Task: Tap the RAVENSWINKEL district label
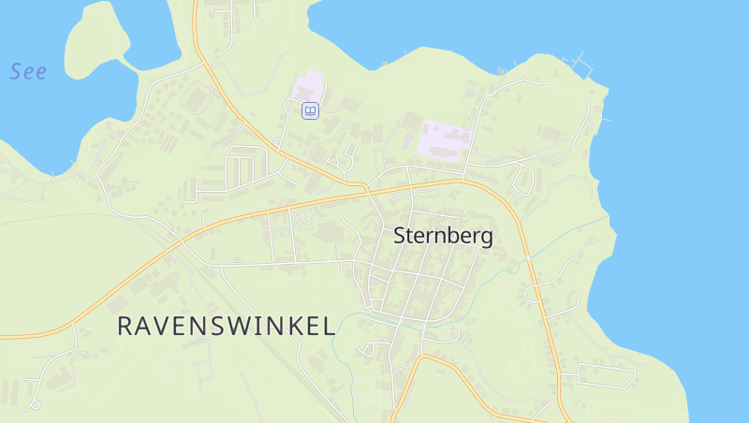[226, 326]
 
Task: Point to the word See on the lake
[28, 72]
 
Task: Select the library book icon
[310, 110]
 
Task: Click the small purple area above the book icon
[309, 86]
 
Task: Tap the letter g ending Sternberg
[486, 238]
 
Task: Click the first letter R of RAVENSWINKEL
[125, 326]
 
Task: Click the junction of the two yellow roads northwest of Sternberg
[366, 187]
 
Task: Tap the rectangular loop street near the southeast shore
[607, 374]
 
